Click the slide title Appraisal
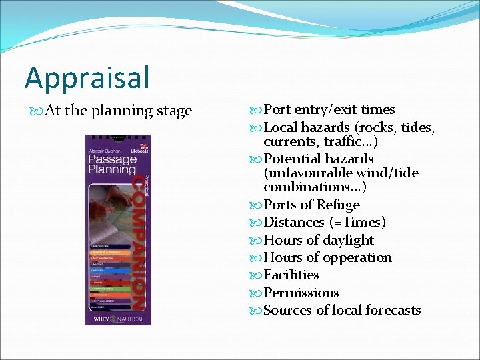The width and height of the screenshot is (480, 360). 87,77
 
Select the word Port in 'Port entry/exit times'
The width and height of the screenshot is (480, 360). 279,110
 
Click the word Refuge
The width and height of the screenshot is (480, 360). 338,205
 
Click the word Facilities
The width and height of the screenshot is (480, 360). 291,275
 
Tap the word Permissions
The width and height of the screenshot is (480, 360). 301,293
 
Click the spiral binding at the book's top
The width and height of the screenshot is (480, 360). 117,138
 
